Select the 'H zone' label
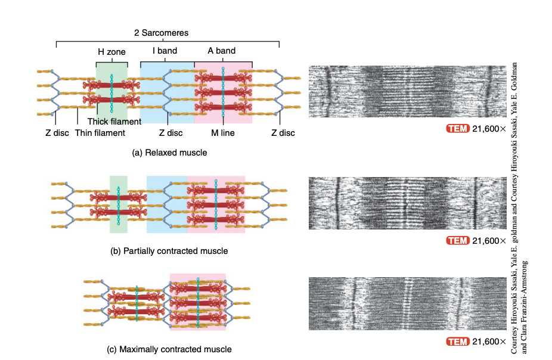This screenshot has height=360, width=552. (111, 52)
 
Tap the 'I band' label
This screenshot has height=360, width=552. (165, 51)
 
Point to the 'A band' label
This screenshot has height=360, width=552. (221, 51)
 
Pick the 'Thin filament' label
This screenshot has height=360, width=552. (100, 133)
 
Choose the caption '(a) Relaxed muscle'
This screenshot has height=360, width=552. (169, 153)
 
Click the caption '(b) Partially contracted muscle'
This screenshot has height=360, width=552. (169, 251)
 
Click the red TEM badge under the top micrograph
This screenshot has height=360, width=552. (458, 128)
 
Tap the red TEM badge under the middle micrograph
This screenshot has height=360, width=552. (458, 241)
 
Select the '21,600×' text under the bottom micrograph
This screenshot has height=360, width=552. (488, 342)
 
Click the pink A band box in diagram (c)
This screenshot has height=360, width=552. (197, 302)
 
